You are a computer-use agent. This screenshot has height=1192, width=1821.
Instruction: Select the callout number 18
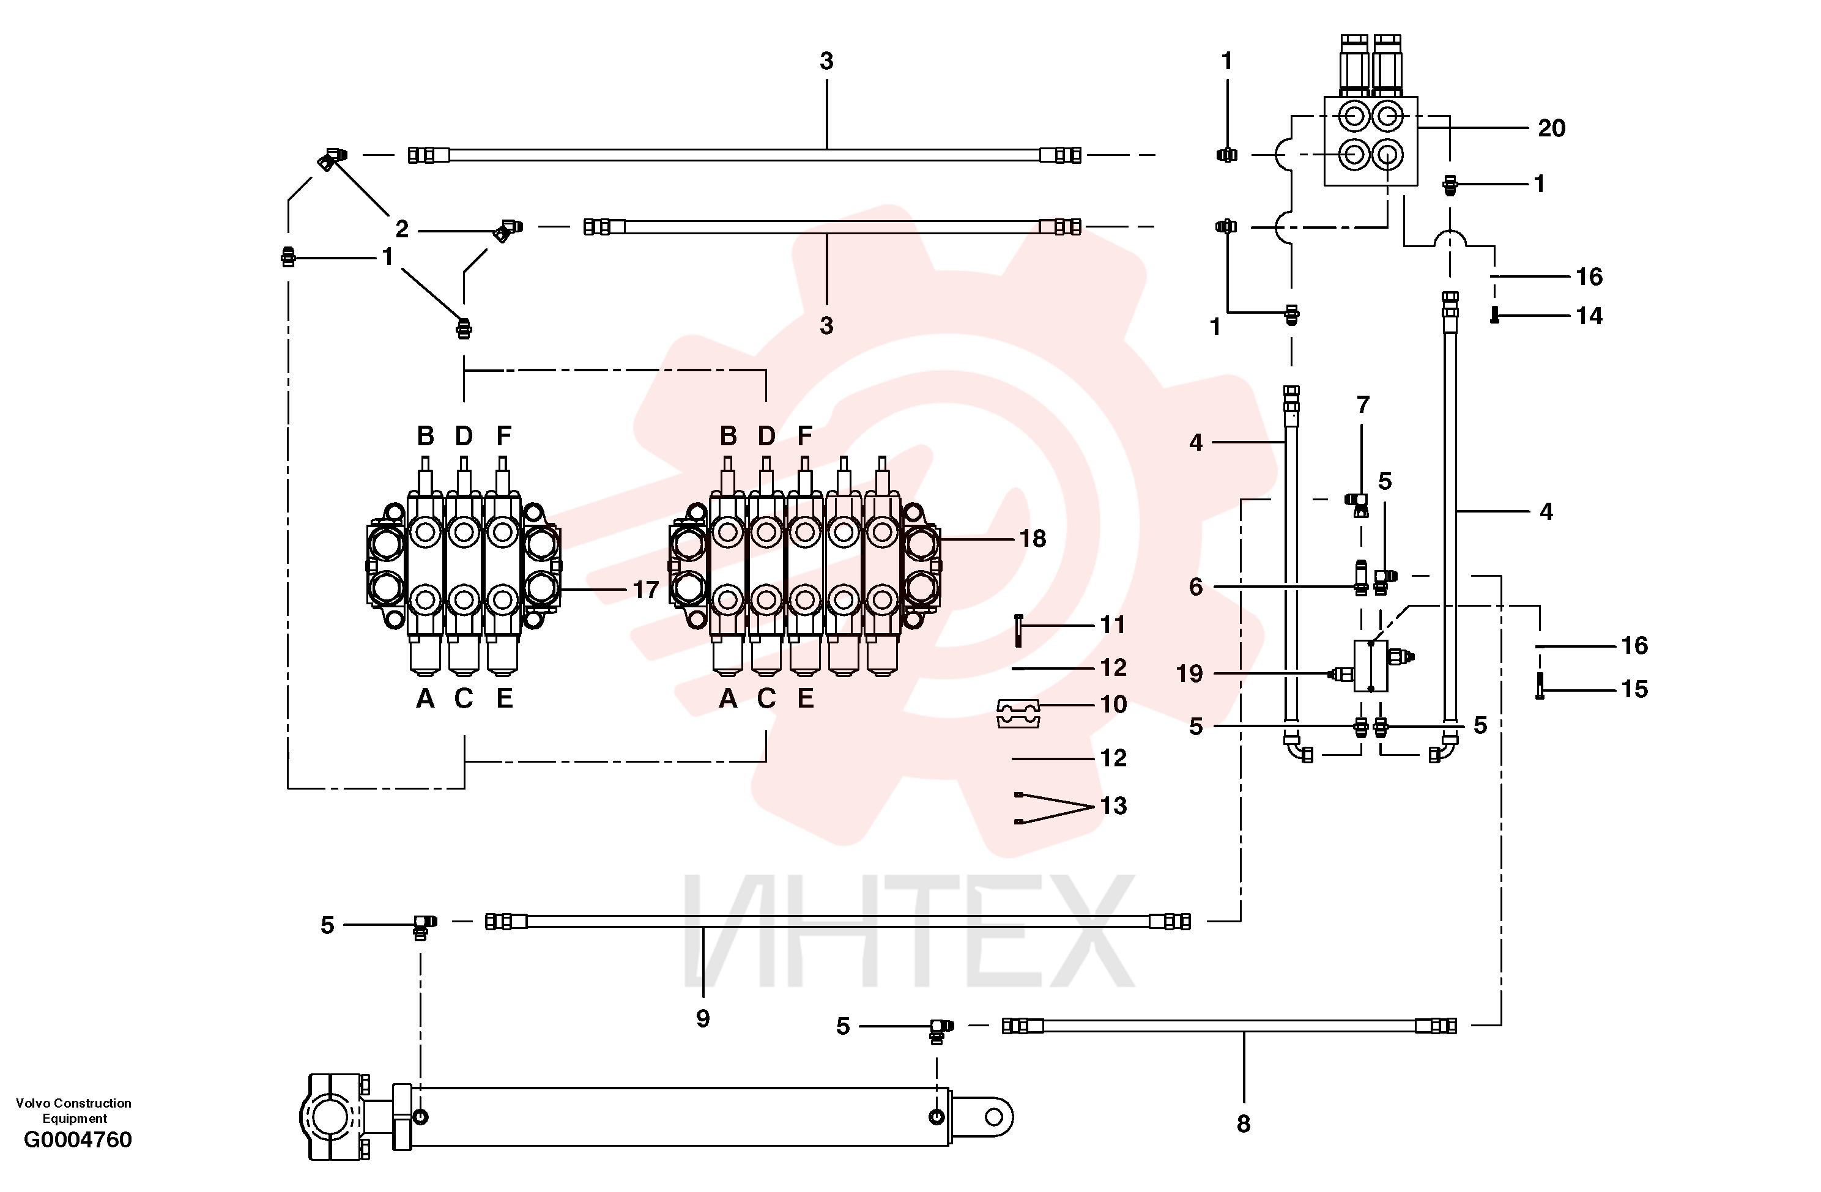tap(1032, 539)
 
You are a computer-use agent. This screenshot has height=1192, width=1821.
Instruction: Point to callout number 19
tap(1189, 673)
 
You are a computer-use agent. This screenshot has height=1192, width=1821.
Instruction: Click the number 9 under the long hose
tap(702, 1018)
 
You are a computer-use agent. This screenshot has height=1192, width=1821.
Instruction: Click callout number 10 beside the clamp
tap(1113, 704)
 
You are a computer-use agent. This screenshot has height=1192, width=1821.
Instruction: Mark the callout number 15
tap(1634, 689)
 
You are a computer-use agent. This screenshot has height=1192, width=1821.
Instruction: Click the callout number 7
tap(1363, 405)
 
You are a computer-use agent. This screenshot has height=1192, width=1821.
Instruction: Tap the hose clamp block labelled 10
tap(1018, 713)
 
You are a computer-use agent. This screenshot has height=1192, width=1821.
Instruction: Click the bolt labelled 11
tap(1018, 631)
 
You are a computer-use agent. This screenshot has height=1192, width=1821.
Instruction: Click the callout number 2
tap(402, 229)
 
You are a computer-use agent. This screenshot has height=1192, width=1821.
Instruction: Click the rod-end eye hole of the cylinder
tap(994, 1117)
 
